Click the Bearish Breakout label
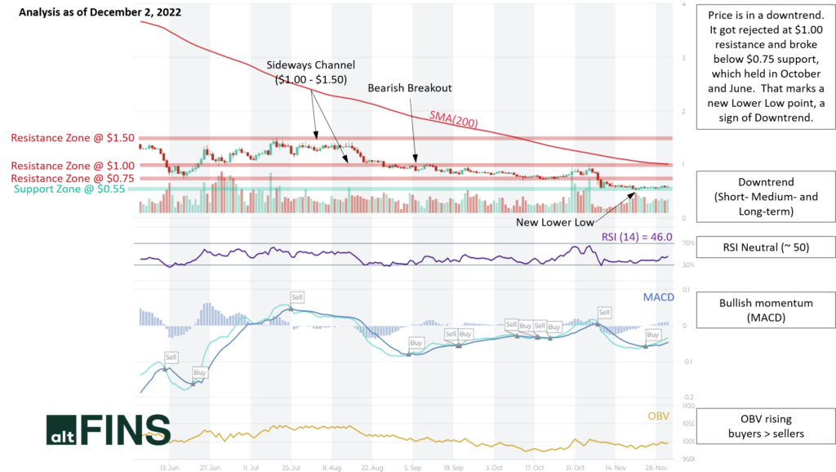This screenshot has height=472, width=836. click(409, 87)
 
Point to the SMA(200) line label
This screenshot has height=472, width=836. click(454, 120)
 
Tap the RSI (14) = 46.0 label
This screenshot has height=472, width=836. click(637, 237)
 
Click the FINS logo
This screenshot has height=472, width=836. click(108, 430)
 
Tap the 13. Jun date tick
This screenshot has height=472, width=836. click(170, 468)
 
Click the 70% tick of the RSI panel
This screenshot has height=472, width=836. click(687, 243)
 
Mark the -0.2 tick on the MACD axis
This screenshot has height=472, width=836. click(687, 397)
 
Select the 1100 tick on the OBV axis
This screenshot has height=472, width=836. click(687, 406)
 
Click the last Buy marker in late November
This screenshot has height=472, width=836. click(653, 335)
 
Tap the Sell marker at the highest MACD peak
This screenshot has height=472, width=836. click(297, 296)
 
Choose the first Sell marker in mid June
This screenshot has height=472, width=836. click(171, 357)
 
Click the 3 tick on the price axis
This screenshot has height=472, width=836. click(683, 58)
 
